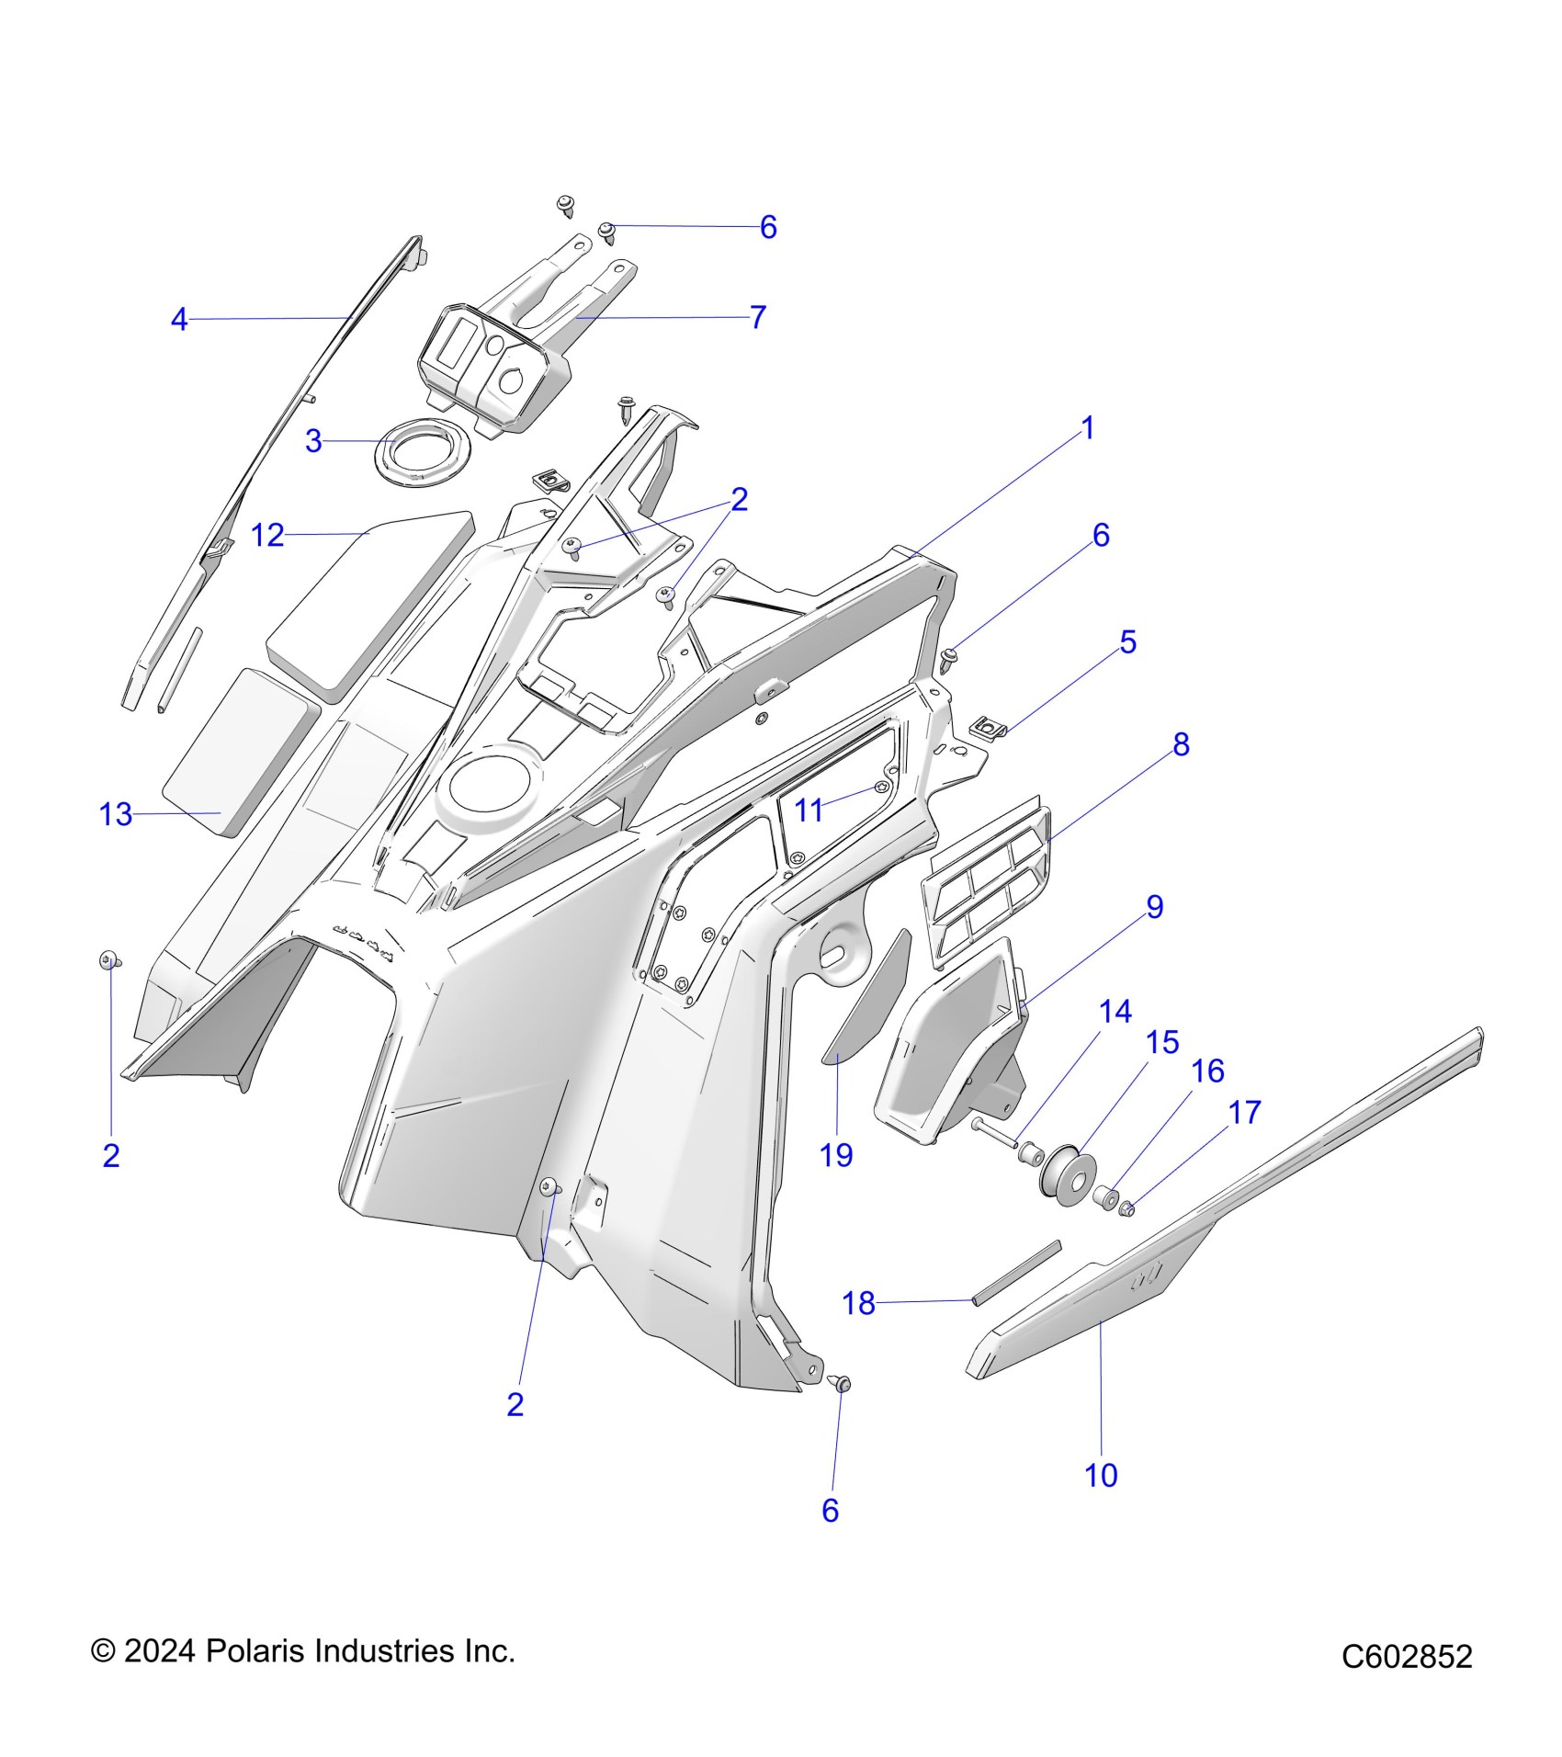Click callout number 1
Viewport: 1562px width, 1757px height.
[x=1088, y=428]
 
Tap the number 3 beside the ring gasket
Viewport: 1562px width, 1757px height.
[x=313, y=442]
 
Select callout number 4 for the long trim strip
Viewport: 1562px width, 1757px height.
[x=179, y=320]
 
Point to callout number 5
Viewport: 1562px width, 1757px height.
[x=1127, y=641]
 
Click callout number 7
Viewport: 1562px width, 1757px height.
[x=758, y=317]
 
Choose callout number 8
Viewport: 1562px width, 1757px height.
[x=1181, y=744]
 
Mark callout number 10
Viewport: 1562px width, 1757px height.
[x=1101, y=1475]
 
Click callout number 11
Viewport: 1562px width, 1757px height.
[x=809, y=810]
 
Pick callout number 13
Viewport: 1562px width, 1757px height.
[x=116, y=814]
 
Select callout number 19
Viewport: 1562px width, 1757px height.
[x=836, y=1155]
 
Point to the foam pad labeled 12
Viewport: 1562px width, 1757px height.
[x=368, y=597]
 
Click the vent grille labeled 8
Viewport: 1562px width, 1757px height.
[x=985, y=882]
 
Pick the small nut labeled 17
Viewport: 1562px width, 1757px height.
[x=1129, y=1209]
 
